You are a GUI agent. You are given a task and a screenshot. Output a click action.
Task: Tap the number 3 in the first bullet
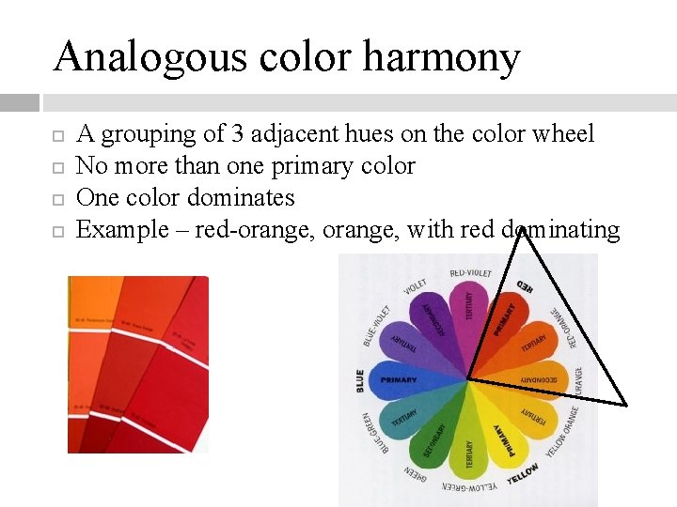click(238, 134)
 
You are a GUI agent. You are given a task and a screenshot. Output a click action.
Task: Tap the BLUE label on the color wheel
click(359, 380)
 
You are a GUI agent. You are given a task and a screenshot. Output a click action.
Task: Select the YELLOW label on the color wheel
click(523, 474)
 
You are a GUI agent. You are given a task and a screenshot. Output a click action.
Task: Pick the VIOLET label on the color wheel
click(415, 286)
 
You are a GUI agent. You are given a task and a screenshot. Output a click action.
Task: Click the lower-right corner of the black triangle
click(625, 405)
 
